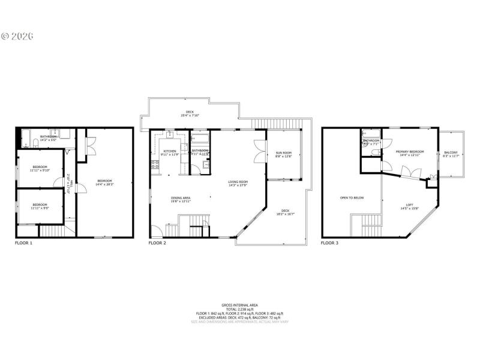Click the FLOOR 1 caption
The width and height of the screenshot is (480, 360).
pos(23,243)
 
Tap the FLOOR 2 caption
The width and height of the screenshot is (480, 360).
pos(157,243)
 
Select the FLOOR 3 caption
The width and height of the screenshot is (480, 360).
pos(329,243)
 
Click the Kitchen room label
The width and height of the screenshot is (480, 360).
pos(170,152)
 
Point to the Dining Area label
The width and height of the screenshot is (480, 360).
pos(181,199)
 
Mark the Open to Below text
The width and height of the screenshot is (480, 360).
pos(352,197)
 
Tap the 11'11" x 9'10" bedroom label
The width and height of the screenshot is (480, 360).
pos(40,168)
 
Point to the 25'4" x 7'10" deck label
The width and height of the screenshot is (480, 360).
pos(190,113)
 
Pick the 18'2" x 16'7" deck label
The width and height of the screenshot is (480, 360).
pos(286,212)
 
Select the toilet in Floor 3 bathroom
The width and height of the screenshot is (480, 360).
pos(374,152)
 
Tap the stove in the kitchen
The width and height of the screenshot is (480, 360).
pos(155,164)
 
